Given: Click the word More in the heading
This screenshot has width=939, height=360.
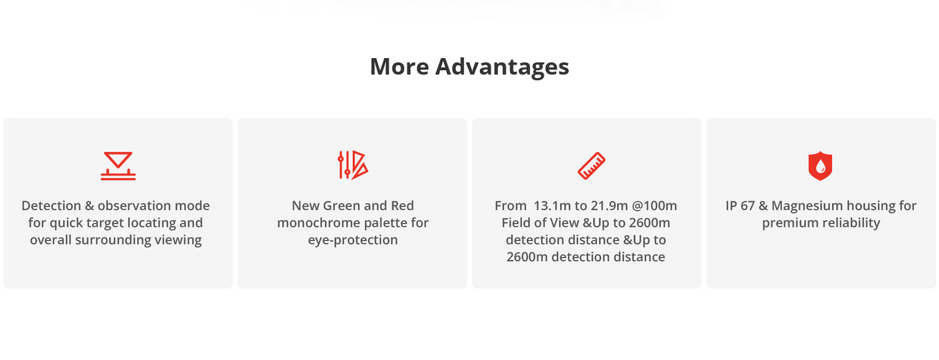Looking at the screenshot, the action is pos(400,66).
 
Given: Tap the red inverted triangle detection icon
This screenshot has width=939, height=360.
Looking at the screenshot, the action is pos(118,166).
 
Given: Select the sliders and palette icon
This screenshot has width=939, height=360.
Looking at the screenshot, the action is pos(353,165).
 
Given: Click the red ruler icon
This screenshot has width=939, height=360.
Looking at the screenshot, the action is pos(592,166).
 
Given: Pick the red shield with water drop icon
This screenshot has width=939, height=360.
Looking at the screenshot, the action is pos(821,166).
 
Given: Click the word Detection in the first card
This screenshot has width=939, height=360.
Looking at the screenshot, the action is pos(51,206).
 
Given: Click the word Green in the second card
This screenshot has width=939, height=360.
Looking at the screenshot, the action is pos(342,206).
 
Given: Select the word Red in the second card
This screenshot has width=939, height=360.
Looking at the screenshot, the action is pos(402,206).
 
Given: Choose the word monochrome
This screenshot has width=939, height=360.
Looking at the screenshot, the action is pos(317,223).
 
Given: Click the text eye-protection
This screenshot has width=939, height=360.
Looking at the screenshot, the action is pos(353,240).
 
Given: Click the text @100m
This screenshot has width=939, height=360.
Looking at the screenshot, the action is pos(654,206).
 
